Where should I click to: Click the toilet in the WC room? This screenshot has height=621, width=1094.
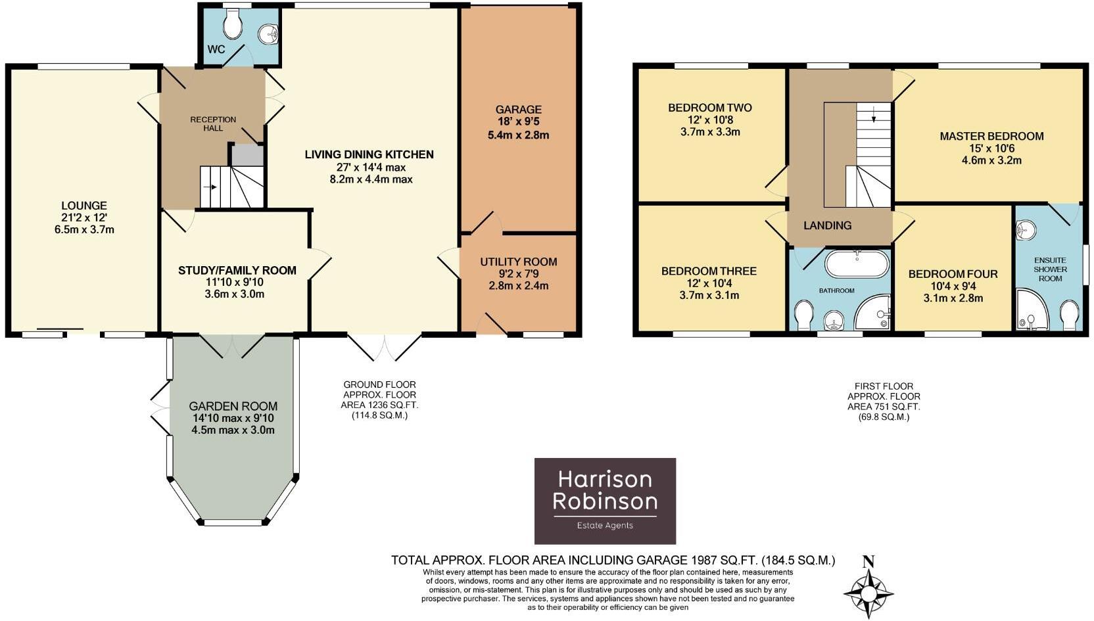[232, 25]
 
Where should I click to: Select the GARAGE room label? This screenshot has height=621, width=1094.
[518, 110]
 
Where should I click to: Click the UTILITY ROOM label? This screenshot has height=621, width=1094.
[518, 262]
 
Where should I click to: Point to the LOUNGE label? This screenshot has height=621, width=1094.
[84, 206]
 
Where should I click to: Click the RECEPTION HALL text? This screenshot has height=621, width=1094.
[213, 124]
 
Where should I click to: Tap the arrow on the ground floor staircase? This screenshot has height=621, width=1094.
[211, 187]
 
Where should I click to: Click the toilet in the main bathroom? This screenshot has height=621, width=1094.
[804, 315]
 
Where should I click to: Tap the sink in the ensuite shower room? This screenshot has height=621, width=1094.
[1026, 230]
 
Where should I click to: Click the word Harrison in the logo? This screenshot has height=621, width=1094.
[605, 479]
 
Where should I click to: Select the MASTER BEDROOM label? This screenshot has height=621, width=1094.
[991, 137]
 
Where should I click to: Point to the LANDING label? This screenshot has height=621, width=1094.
[827, 225]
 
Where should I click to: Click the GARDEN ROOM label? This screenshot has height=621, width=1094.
[233, 406]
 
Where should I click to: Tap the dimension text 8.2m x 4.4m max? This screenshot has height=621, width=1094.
[371, 179]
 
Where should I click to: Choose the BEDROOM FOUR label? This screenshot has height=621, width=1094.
[953, 274]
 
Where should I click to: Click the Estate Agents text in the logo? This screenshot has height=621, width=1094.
[605, 525]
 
